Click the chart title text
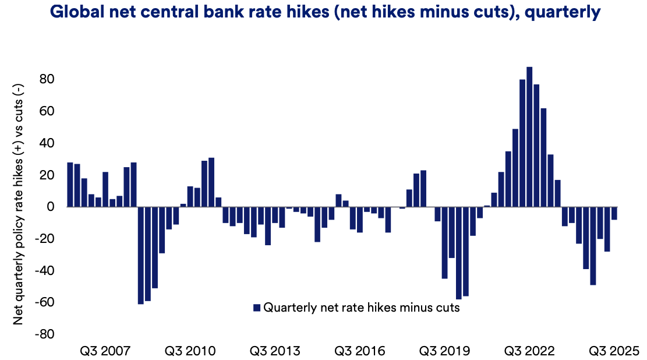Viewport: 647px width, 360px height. click(x=324, y=12)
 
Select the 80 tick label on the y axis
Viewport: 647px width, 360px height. click(x=47, y=79)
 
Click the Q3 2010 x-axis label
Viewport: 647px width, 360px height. click(x=190, y=351)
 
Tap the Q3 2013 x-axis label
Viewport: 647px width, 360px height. click(x=275, y=351)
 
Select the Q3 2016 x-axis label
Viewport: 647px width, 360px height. click(x=360, y=351)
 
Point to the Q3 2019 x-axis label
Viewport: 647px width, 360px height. click(x=444, y=351)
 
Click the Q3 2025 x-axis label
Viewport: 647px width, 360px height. click(x=614, y=351)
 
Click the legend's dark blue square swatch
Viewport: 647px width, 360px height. click(x=256, y=308)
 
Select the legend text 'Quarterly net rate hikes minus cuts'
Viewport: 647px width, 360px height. click(x=362, y=308)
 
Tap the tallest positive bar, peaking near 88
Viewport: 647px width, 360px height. click(x=529, y=137)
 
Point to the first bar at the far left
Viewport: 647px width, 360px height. click(x=70, y=185)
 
